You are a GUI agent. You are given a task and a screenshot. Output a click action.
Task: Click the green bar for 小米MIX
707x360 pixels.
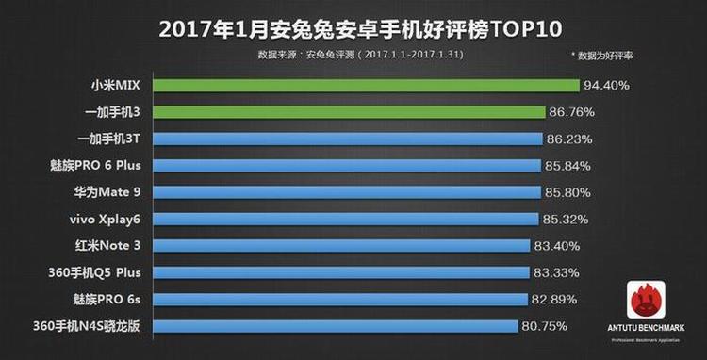366,86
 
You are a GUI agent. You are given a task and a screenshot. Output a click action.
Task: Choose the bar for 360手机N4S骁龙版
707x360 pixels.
335,326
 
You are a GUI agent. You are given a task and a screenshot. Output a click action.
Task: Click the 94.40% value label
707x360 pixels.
606,86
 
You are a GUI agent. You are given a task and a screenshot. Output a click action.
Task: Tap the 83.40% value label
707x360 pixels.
557,246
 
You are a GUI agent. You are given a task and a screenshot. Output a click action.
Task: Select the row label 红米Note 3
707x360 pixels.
111,246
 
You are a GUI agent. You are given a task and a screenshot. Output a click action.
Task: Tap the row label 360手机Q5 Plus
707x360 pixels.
103,272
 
